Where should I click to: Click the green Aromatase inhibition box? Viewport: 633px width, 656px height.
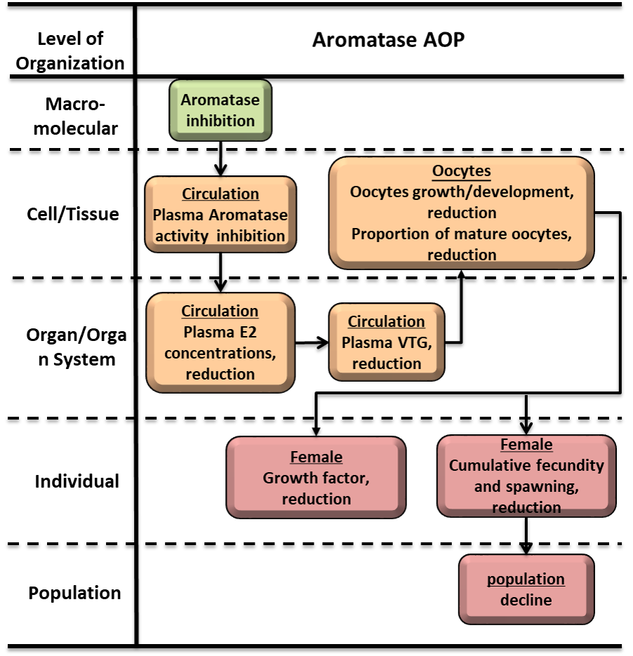(x=220, y=110)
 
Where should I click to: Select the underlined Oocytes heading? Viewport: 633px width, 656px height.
(x=461, y=171)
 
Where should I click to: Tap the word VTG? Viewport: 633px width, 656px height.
(x=425, y=342)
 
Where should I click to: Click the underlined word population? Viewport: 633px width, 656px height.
(x=526, y=579)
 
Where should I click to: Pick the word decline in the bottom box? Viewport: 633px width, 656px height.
(x=526, y=600)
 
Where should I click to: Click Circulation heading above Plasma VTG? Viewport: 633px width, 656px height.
(x=386, y=321)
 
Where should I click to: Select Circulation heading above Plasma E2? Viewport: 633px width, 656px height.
(x=220, y=311)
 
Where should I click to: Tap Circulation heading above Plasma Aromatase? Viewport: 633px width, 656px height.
(x=220, y=194)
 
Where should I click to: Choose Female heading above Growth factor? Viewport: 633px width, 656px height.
(x=316, y=457)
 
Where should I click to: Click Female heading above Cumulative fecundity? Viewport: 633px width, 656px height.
(x=526, y=444)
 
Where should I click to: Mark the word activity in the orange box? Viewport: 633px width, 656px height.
(x=183, y=236)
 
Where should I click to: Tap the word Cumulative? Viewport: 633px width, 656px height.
(x=484, y=465)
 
